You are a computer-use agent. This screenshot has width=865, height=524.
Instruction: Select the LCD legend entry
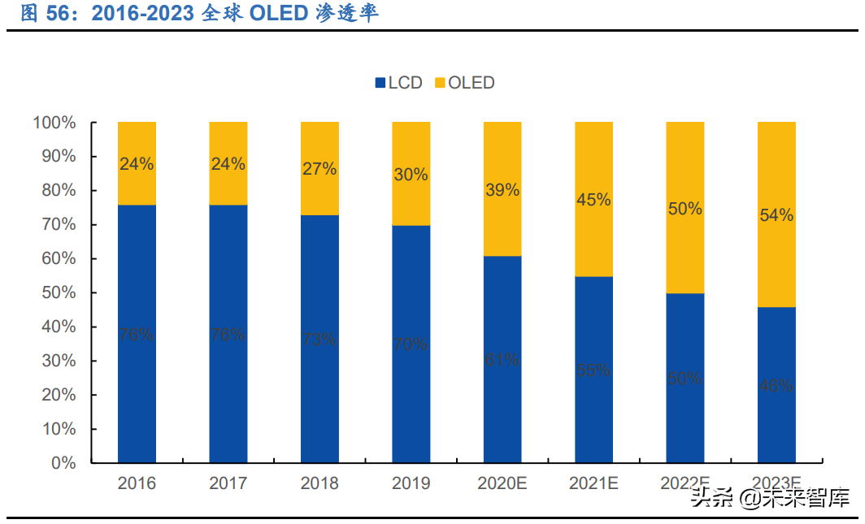(x=398, y=82)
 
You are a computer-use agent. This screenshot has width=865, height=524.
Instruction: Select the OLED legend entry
(x=464, y=82)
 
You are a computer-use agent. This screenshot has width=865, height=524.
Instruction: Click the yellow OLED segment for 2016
(x=137, y=163)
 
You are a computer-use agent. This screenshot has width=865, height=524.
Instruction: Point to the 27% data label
(x=319, y=169)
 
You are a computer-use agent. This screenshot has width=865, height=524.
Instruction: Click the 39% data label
(x=502, y=189)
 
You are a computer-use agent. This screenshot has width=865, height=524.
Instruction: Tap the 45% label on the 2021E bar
(x=593, y=199)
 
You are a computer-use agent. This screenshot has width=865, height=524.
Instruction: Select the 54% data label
(x=776, y=215)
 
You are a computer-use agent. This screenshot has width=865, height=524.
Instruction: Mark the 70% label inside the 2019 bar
(x=411, y=344)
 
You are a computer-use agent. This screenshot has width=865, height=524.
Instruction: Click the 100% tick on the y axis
(x=54, y=123)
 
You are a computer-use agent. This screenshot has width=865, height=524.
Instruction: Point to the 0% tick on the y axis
(x=63, y=463)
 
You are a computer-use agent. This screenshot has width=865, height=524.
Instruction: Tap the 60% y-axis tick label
(x=59, y=258)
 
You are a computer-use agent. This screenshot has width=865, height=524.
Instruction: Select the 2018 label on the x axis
(x=319, y=483)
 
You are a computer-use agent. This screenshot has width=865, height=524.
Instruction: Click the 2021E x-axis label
(x=593, y=483)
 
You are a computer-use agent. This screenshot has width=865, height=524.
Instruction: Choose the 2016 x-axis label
(x=137, y=483)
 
